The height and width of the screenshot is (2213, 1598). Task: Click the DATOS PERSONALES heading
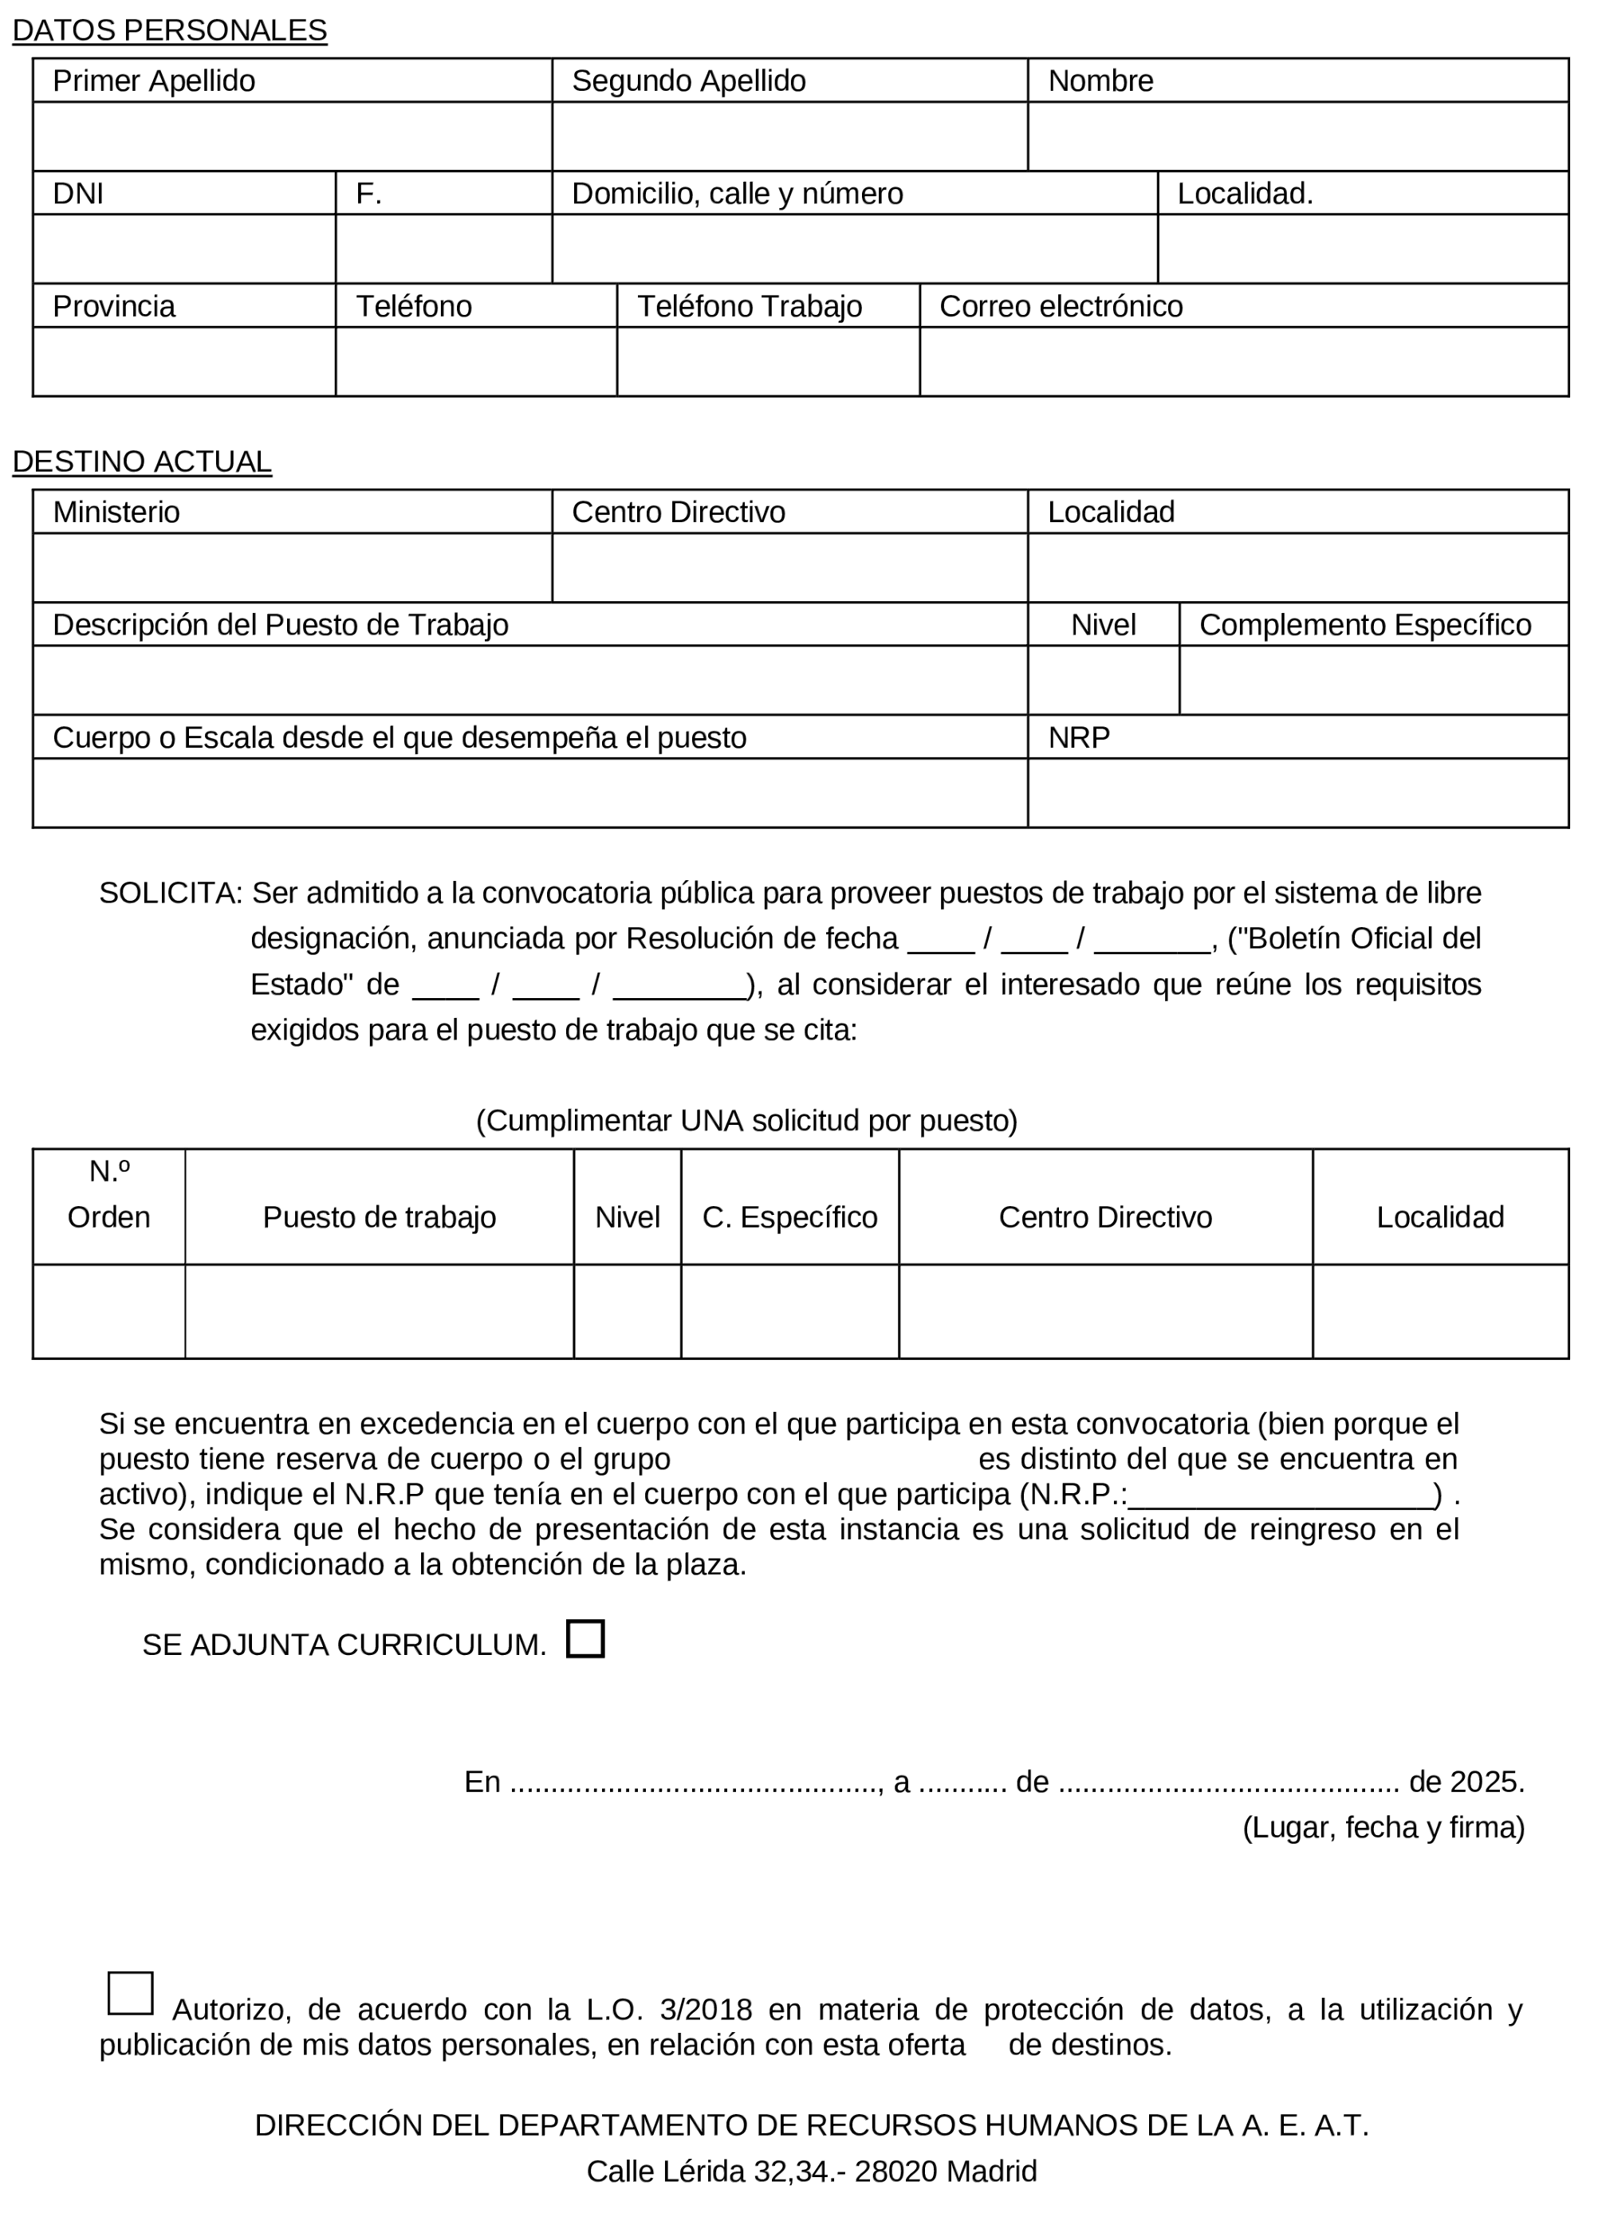pyautogui.click(x=169, y=31)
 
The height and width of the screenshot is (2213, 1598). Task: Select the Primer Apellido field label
pyautogui.click(x=153, y=81)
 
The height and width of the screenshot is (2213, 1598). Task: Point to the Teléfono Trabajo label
pyautogui.click(x=749, y=306)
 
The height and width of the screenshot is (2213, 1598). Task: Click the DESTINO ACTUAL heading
pyautogui.click(x=142, y=462)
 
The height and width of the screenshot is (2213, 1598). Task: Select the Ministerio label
pyautogui.click(x=116, y=513)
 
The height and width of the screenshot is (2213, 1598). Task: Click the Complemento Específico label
pyautogui.click(x=1364, y=624)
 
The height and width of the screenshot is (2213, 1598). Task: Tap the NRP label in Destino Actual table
pyautogui.click(x=1078, y=737)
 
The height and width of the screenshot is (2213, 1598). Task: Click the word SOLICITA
pyautogui.click(x=168, y=893)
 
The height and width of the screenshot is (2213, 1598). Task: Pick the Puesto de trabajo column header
pyautogui.click(x=379, y=1217)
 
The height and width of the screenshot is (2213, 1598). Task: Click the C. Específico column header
pyautogui.click(x=789, y=1217)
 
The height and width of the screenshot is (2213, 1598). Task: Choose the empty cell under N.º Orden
pyautogui.click(x=108, y=1311)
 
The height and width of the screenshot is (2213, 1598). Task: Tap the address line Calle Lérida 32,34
pyautogui.click(x=810, y=2171)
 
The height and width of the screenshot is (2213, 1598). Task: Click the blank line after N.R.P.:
pyautogui.click(x=1279, y=1494)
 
